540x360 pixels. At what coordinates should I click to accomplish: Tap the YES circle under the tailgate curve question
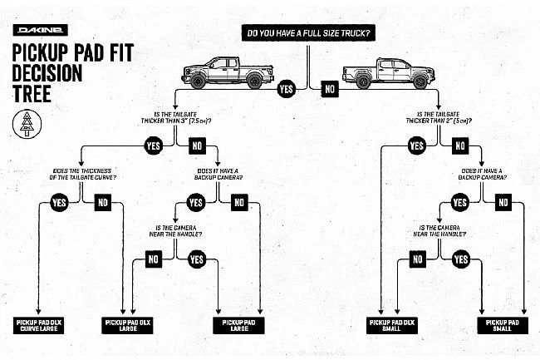[59, 202]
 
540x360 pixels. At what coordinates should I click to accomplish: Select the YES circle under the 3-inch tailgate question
[153, 145]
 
